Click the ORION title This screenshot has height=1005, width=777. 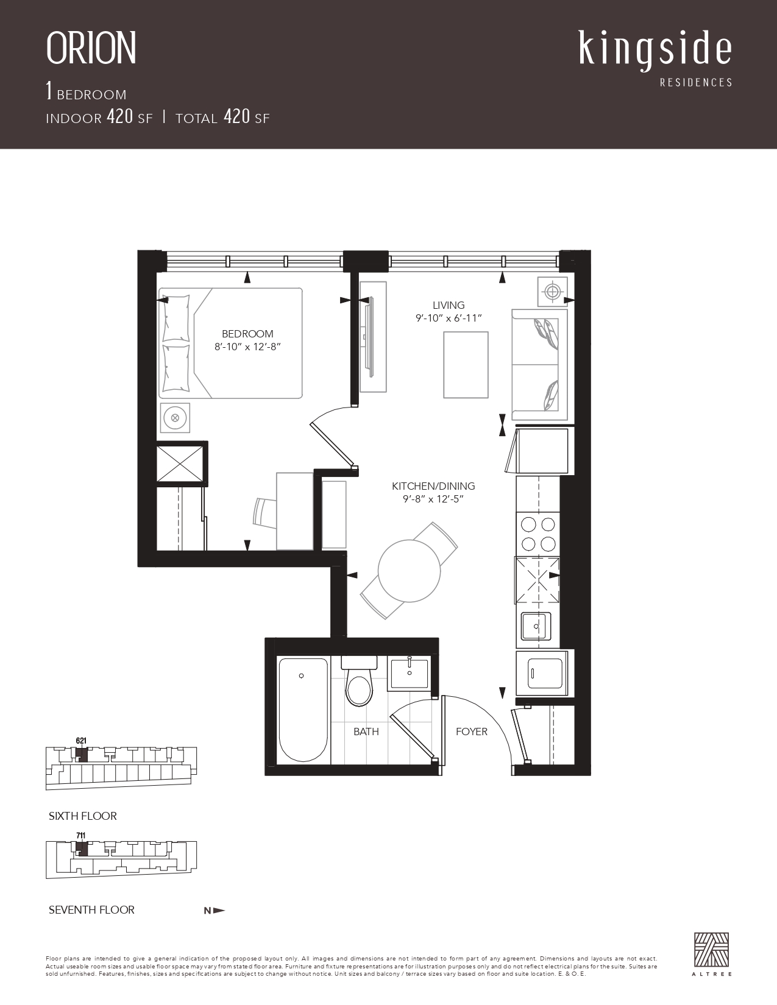tap(91, 48)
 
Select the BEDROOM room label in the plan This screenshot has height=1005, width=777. tap(247, 333)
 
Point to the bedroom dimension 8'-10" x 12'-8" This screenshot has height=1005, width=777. tap(247, 347)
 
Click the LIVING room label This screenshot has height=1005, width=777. tap(449, 305)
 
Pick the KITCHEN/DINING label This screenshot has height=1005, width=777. tap(433, 486)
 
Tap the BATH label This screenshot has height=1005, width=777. tap(366, 732)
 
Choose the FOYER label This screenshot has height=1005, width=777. tap(472, 732)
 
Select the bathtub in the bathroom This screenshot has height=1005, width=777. tap(303, 710)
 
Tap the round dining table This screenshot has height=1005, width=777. tap(409, 571)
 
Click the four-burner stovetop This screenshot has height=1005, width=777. tap(538, 534)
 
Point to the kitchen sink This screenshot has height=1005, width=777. tap(536, 627)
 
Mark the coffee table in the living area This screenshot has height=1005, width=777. tap(466, 365)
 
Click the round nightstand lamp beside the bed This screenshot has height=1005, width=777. tap(175, 418)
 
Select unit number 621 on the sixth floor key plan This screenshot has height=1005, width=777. tap(81, 741)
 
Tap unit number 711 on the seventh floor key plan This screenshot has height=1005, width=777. tap(81, 836)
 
